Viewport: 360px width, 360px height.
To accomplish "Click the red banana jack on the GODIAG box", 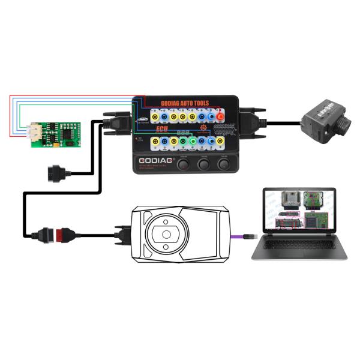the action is [x=221, y=116].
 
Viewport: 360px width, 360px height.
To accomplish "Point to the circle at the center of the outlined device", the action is [x=165, y=233].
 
